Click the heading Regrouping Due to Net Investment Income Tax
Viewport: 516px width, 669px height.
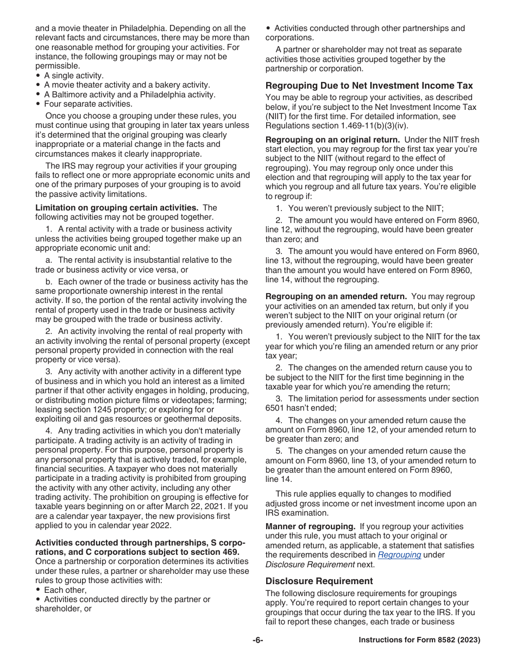[369, 85]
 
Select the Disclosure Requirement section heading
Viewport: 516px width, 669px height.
[319, 581]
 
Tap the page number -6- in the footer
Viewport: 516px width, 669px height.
[257, 640]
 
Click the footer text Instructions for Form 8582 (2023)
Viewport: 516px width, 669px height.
[419, 640]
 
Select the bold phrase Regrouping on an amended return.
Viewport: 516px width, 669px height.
[336, 296]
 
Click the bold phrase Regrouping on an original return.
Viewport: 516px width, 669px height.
[332, 140]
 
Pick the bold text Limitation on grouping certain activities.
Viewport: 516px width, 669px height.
[116, 208]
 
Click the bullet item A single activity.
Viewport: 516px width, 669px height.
[73, 76]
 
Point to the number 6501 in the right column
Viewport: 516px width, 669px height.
[275, 408]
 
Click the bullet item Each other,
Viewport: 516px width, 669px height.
[65, 590]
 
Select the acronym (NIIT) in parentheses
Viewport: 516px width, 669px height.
[277, 116]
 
